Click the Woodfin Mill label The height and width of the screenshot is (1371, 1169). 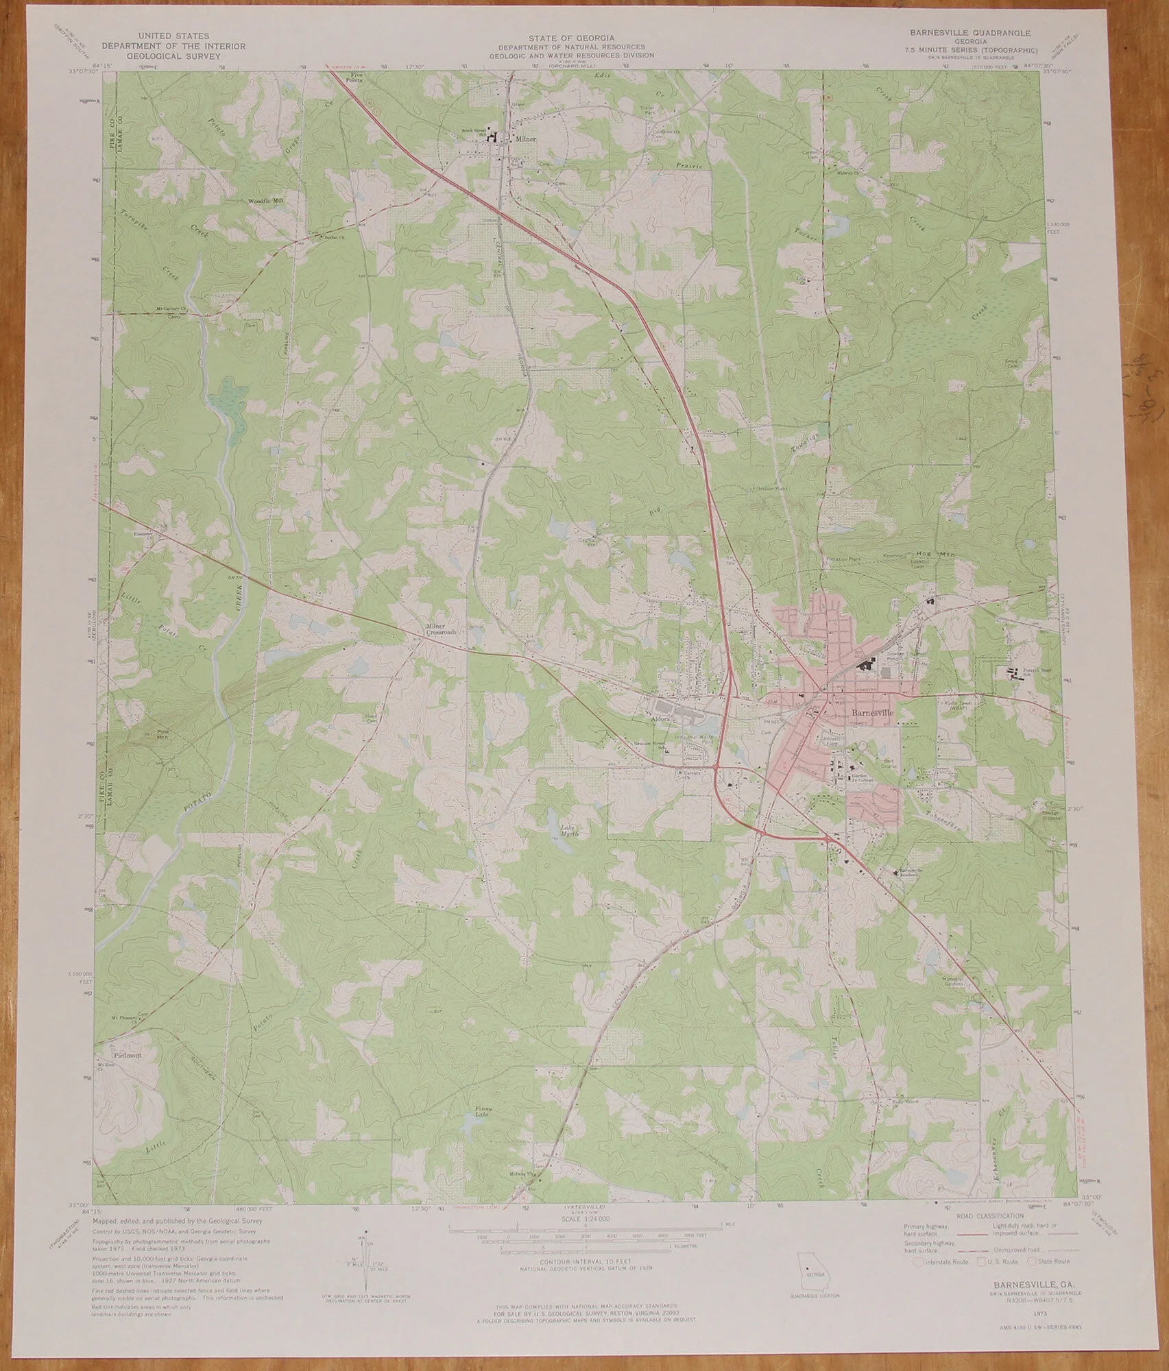(265, 201)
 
